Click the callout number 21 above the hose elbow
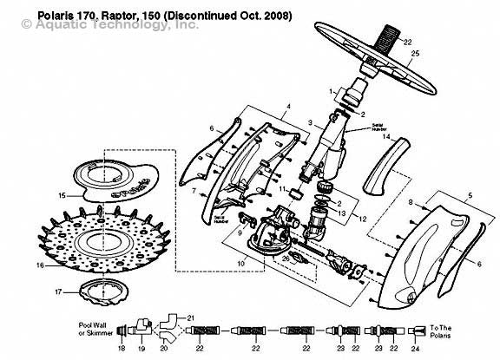[x=191, y=317]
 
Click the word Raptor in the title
[x=102, y=16]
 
